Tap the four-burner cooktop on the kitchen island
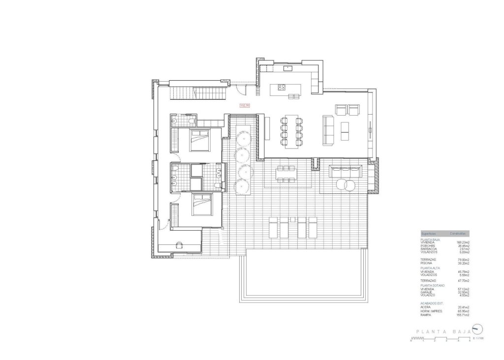(283, 88)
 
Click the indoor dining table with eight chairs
(290, 131)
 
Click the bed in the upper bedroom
(199, 140)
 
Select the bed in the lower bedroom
(200, 205)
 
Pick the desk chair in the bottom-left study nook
(180, 244)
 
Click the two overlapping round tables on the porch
(343, 185)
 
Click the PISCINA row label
(427, 263)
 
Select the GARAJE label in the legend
(427, 292)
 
